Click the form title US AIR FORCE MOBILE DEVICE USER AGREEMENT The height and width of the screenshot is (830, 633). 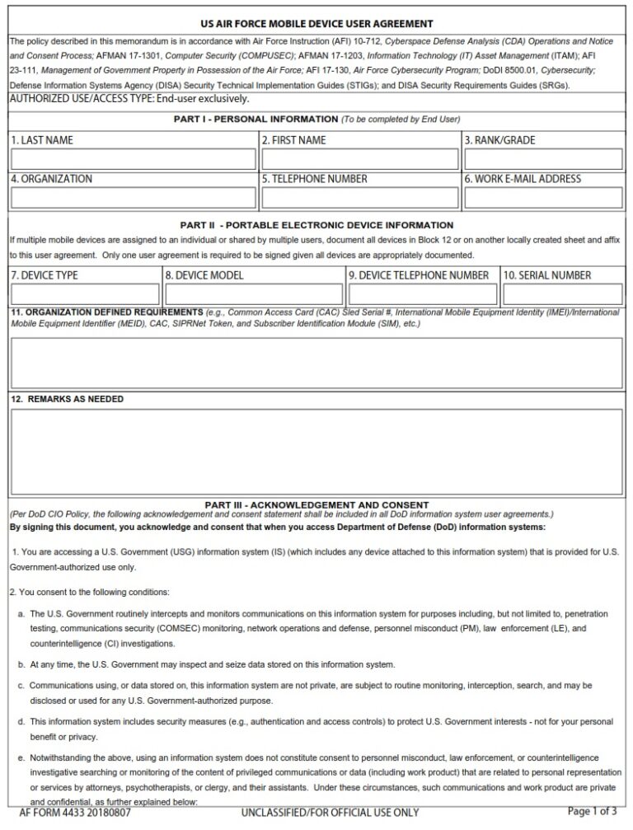coord(317,24)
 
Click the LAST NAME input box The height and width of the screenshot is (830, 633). coord(134,159)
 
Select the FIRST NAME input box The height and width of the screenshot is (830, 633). coord(359,159)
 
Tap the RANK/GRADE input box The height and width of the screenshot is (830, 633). coord(542,159)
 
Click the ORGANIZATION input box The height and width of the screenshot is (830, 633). coord(134,198)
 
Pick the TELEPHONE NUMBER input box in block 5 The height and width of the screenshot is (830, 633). coord(359,198)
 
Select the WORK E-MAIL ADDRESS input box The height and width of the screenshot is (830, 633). coord(542,198)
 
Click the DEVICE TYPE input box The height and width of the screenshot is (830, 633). coord(85,294)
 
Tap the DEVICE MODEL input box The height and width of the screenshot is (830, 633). coord(253,294)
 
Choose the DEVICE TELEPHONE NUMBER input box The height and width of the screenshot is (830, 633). coord(423,294)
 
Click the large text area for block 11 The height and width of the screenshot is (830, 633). coord(316,362)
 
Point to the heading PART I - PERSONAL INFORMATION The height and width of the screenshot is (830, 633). coord(316,120)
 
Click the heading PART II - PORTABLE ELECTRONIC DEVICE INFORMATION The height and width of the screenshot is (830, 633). coord(316,225)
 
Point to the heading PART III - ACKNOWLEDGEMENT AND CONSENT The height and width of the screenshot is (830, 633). coord(316,504)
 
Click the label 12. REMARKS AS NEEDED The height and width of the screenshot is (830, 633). coord(68,399)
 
